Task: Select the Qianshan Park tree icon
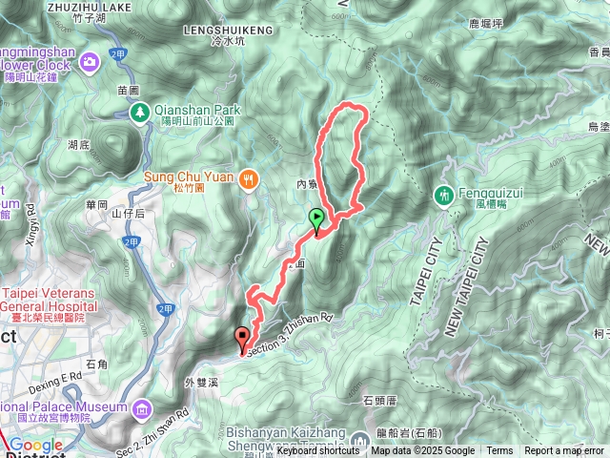(139, 114)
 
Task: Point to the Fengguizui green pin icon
(443, 195)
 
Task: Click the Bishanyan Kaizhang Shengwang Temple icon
(360, 440)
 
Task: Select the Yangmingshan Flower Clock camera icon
(91, 62)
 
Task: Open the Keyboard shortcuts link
(317, 451)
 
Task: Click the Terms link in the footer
(499, 451)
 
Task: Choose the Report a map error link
(564, 451)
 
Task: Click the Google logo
(36, 445)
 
